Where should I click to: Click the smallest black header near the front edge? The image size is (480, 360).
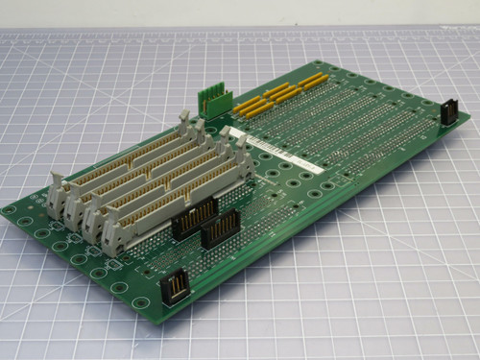(x=176, y=287)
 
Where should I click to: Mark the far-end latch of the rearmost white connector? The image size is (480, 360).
(x=185, y=120)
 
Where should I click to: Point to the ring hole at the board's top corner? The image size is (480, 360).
(x=317, y=65)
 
